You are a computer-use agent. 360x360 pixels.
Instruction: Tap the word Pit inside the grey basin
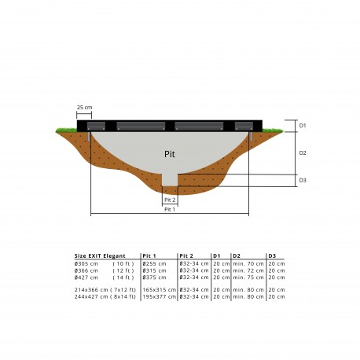tap(171, 153)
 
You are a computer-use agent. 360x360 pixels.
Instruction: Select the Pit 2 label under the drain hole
tap(171, 201)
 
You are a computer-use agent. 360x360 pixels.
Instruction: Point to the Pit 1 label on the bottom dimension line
tap(171, 210)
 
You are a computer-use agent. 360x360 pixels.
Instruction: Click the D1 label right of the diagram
tap(303, 125)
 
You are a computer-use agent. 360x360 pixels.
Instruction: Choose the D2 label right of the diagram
tap(303, 152)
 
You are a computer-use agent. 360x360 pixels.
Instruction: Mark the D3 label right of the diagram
tap(303, 180)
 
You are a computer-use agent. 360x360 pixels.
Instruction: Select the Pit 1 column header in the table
tap(149, 256)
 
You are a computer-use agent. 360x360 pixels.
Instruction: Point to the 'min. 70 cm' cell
tap(244, 263)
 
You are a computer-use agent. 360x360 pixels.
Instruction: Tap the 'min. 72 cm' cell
tap(244, 270)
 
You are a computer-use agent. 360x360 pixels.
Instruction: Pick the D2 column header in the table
tap(237, 256)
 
